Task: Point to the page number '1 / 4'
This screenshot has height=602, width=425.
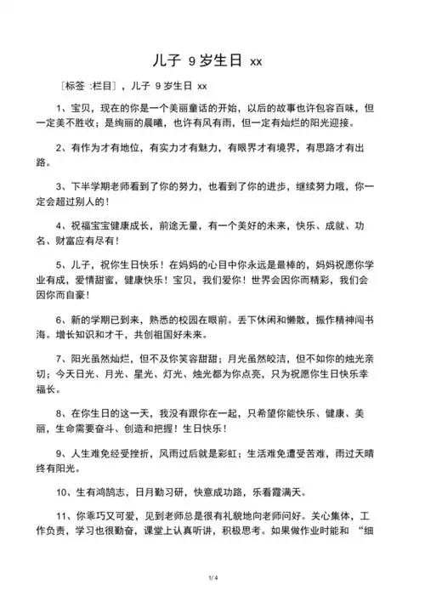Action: click(212, 578)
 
